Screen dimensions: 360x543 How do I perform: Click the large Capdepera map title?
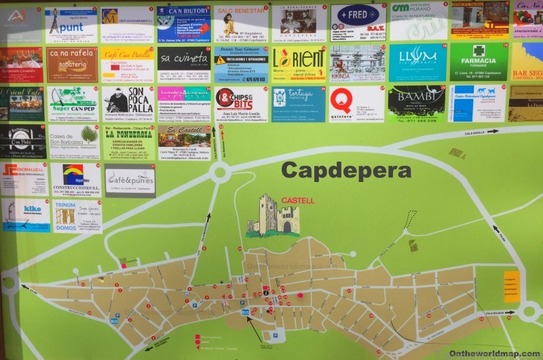[345, 169]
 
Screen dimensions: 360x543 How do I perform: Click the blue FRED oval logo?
[358, 16]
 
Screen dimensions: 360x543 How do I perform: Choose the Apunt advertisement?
[71, 24]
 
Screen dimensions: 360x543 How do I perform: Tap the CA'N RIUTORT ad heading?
[183, 12]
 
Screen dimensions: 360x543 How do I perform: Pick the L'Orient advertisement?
[299, 62]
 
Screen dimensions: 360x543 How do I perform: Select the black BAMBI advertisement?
[417, 103]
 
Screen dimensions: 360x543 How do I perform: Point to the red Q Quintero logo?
[341, 99]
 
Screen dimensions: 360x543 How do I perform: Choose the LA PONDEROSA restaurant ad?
[129, 142]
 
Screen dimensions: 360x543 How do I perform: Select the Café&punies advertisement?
[130, 181]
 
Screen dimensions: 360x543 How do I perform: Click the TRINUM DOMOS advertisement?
[77, 216]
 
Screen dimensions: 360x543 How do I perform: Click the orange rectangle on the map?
[512, 286]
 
